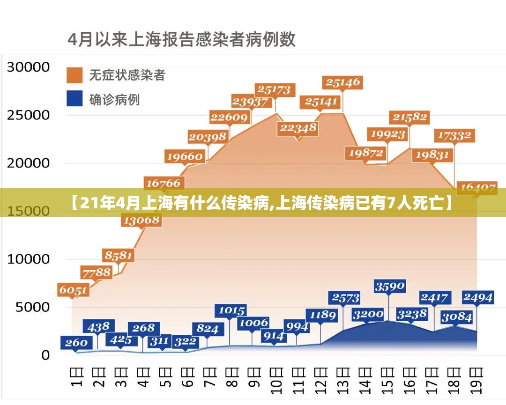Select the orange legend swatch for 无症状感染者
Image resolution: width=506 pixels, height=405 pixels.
pyautogui.click(x=74, y=75)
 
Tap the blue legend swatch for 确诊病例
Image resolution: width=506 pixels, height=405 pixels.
pyautogui.click(x=74, y=99)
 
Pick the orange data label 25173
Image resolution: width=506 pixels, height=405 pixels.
pyautogui.click(x=275, y=89)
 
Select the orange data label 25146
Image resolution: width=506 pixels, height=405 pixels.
pyautogui.click(x=343, y=83)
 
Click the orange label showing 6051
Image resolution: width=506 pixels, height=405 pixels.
pyautogui.click(x=73, y=290)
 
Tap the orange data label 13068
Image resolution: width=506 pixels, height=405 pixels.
pyautogui.click(x=141, y=220)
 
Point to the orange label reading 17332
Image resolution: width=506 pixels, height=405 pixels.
pyautogui.click(x=454, y=136)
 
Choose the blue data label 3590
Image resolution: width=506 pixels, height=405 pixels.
pyautogui.click(x=389, y=286)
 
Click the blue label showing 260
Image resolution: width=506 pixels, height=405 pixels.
pyautogui.click(x=76, y=343)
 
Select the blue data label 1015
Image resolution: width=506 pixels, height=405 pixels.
pyautogui.click(x=231, y=310)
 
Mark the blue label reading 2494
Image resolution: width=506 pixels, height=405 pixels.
pyautogui.click(x=477, y=297)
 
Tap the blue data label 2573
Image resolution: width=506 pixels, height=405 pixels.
pyautogui.click(x=346, y=298)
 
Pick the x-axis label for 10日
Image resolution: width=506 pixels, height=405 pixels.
pyautogui.click(x=277, y=383)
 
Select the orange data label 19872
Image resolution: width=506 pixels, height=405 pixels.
pyautogui.click(x=366, y=153)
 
